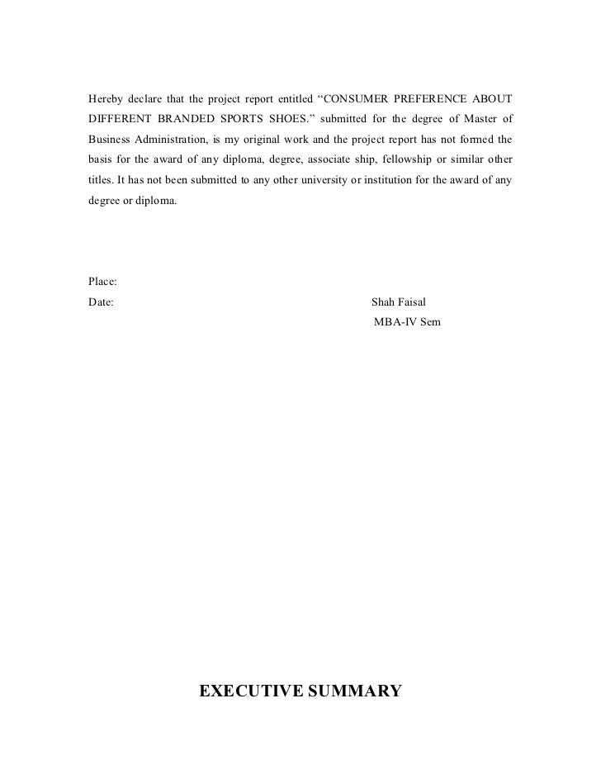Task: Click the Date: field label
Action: (101, 302)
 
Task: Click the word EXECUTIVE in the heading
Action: (251, 690)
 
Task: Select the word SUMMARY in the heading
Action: (354, 690)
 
